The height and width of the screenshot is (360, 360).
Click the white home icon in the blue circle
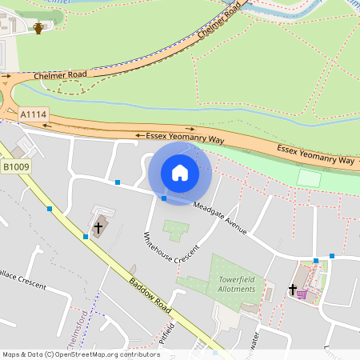pyautogui.click(x=180, y=173)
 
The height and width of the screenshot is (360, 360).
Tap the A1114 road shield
pyautogui.click(x=34, y=115)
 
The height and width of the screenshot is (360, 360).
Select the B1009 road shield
pyautogui.click(x=16, y=167)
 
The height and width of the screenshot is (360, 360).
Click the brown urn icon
pyautogui.click(x=38, y=29)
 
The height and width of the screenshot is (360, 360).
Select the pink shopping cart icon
pyautogui.click(x=302, y=294)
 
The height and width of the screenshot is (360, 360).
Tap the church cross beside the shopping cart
pyautogui.click(x=292, y=290)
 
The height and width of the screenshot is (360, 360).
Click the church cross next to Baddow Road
pyautogui.click(x=98, y=227)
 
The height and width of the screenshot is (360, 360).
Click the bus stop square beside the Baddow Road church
pyautogui.click(x=86, y=236)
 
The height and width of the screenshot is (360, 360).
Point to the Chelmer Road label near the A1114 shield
pyautogui.click(x=61, y=75)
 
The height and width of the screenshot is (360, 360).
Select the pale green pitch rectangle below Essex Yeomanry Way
pyautogui.click(x=308, y=177)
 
